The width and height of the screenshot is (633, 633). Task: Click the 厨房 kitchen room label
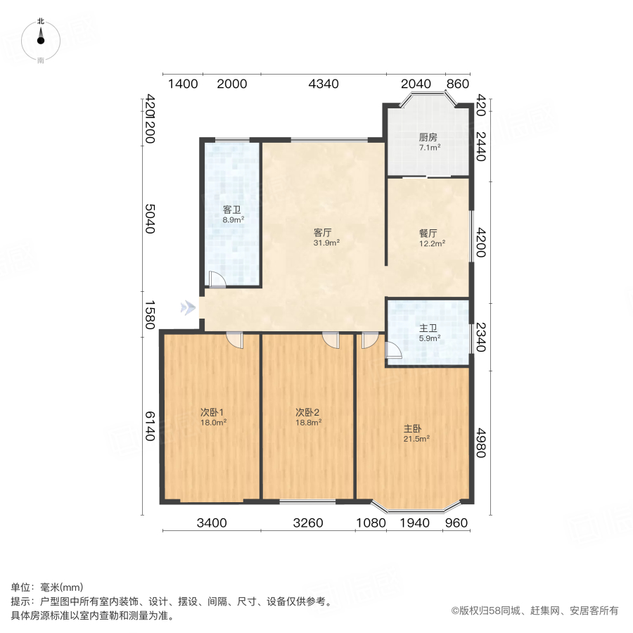(x=429, y=137)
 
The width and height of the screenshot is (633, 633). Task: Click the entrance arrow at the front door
(x=187, y=307)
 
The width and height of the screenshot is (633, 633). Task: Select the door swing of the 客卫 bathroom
(x=217, y=279)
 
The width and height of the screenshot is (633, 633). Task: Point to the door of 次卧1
(x=235, y=340)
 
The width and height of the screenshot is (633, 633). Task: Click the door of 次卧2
(x=331, y=340)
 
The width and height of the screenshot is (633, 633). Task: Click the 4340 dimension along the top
(x=324, y=84)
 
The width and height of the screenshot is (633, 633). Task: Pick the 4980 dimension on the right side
(x=481, y=443)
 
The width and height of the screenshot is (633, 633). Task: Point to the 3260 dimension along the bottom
(x=307, y=523)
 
